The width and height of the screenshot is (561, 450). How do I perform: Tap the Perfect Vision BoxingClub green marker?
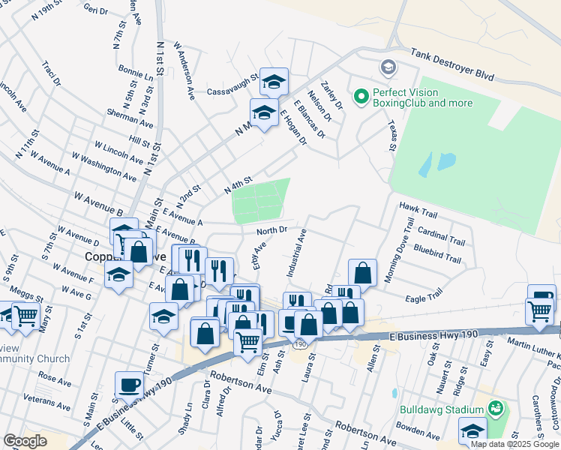(361, 96)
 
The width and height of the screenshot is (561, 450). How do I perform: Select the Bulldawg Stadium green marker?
(495, 409)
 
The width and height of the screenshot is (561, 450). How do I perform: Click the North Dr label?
(271, 230)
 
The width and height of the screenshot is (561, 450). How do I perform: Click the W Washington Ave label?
(104, 166)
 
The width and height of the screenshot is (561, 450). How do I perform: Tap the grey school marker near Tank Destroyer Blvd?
(388, 67)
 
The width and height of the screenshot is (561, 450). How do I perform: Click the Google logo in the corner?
(25, 441)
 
